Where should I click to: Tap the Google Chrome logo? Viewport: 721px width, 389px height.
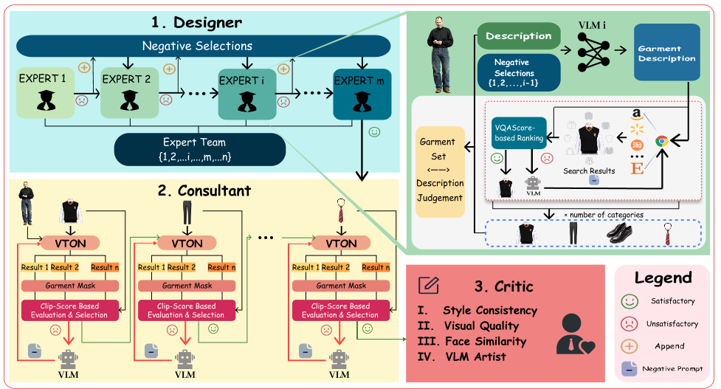[661, 140]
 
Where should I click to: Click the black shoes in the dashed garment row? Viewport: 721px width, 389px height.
[621, 233]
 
